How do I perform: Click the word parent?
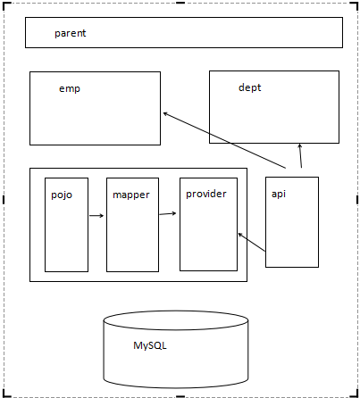[x=71, y=33]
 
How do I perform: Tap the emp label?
[x=70, y=88]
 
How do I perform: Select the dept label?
[x=249, y=87]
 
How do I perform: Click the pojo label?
[x=62, y=195]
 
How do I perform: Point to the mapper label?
[x=131, y=195]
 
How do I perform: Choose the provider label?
[x=206, y=195]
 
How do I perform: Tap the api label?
[x=279, y=195]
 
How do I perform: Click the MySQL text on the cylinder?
[x=150, y=345]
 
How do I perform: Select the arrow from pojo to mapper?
[x=96, y=216]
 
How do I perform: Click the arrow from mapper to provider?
[x=168, y=213]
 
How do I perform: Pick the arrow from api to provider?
[x=252, y=243]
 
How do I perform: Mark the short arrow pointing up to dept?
[x=300, y=156]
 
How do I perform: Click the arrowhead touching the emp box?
[x=165, y=113]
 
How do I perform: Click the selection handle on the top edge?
[x=180, y=3]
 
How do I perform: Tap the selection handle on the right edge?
[x=357, y=200]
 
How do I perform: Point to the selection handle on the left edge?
[x=4, y=200]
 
